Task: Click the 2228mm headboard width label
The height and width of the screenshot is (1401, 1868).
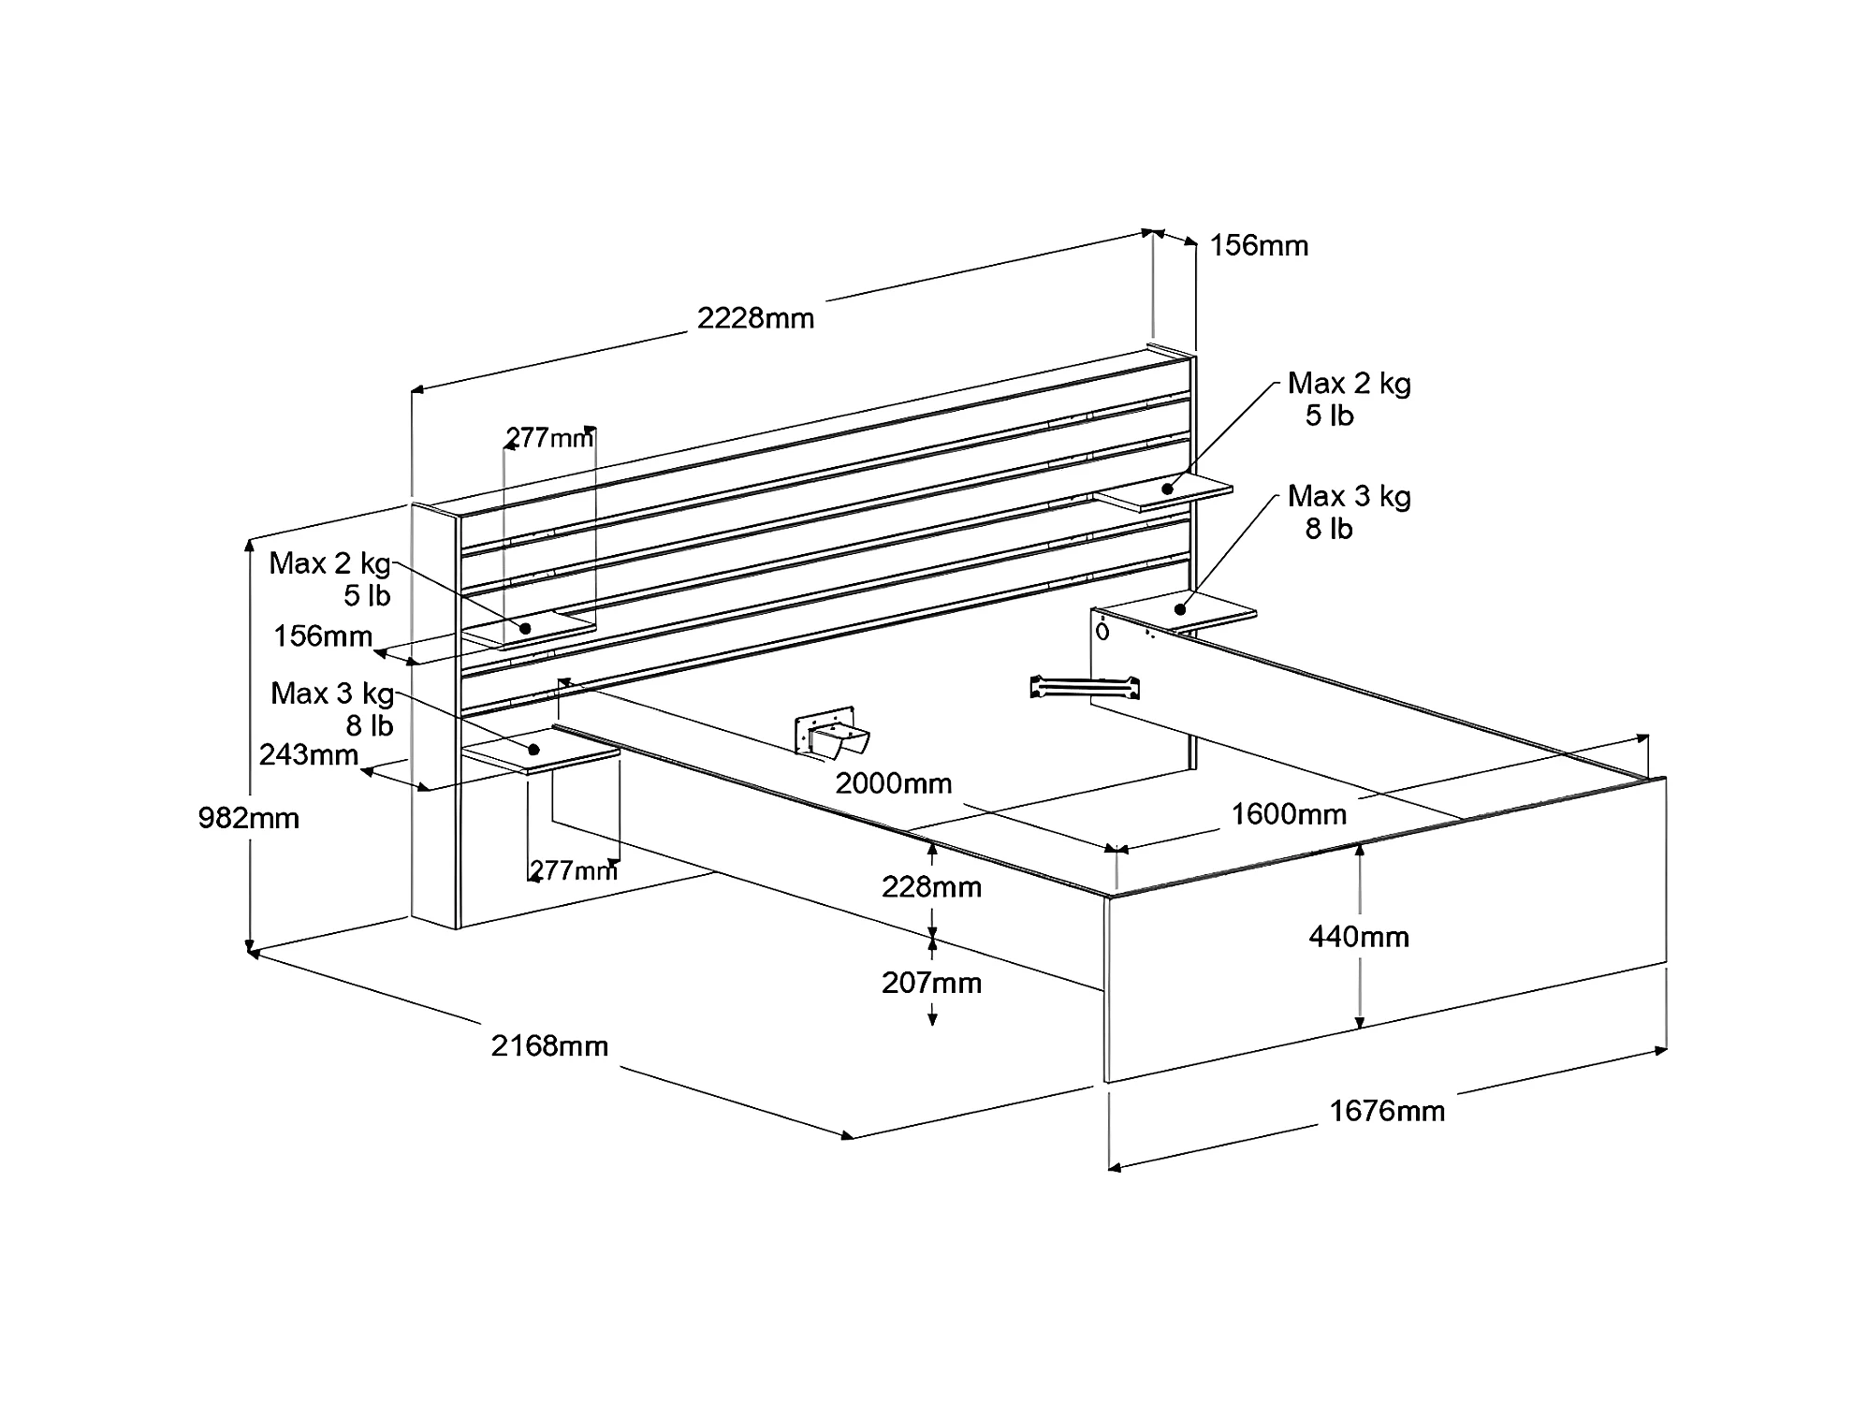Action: [x=755, y=318]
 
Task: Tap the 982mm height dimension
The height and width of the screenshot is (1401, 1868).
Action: [x=248, y=818]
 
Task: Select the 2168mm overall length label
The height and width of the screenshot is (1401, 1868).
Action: [x=549, y=1045]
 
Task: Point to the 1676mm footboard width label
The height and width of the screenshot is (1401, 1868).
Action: [x=1387, y=1111]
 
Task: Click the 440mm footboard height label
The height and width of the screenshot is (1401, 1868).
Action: [x=1359, y=936]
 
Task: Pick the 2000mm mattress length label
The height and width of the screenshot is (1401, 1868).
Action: [x=893, y=783]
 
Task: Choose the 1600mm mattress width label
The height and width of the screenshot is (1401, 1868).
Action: [x=1288, y=814]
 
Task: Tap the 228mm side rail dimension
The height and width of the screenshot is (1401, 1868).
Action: [x=931, y=886]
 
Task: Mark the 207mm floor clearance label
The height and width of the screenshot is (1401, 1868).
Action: [x=931, y=983]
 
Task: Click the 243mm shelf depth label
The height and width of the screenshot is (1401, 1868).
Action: [x=309, y=754]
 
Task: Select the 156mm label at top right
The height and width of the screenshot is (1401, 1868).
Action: [x=1259, y=246]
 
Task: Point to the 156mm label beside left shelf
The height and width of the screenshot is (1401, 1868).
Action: [x=323, y=636]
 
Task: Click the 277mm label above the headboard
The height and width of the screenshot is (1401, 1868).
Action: [x=549, y=437]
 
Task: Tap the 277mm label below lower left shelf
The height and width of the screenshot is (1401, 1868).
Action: [x=574, y=870]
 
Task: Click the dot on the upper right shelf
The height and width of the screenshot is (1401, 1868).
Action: [x=1167, y=489]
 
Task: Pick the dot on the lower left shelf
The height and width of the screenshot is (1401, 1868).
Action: [x=534, y=750]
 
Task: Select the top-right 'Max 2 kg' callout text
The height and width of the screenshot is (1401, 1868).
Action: [x=1349, y=383]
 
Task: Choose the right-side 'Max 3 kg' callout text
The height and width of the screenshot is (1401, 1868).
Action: [x=1349, y=496]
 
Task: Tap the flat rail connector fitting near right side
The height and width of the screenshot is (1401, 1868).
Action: [x=1084, y=688]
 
